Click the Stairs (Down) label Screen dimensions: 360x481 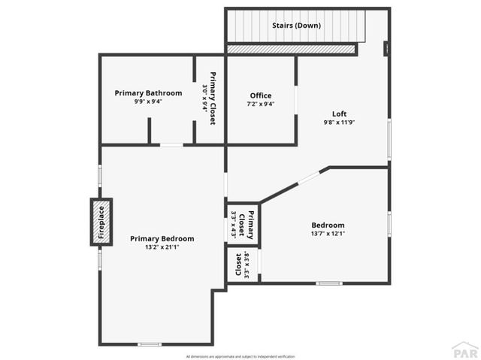(296, 26)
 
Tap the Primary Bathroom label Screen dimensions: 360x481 (148, 93)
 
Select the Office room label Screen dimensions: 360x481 (260, 95)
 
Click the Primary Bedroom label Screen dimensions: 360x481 (162, 239)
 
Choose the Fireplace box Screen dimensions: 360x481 (101, 222)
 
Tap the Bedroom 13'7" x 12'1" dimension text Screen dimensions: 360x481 (328, 234)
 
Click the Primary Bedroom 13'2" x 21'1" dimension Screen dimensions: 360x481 (162, 247)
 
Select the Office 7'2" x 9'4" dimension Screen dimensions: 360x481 (260, 104)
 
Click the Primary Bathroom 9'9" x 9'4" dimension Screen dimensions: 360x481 (148, 101)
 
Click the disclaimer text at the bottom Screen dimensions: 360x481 (240, 355)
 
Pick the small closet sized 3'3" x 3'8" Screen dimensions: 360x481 (242, 265)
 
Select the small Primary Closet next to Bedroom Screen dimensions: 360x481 (243, 223)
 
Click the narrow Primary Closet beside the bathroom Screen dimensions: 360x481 (210, 98)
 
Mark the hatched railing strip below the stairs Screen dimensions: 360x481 (291, 49)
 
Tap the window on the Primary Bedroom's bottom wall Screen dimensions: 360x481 (149, 344)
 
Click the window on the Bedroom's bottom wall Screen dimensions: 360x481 (328, 283)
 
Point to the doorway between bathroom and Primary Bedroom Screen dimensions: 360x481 (171, 144)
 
